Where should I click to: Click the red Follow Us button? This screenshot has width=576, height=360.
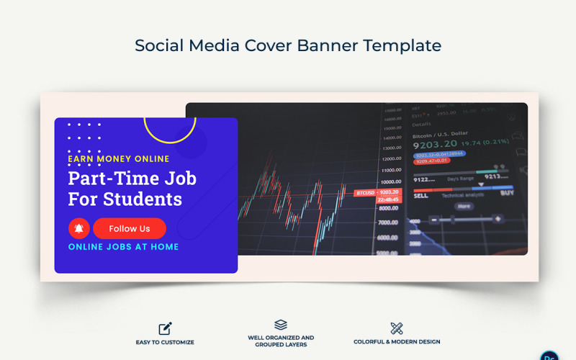pyautogui.click(x=130, y=228)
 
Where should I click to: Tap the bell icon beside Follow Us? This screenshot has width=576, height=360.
pyautogui.click(x=78, y=228)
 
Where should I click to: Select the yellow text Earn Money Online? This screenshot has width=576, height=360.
pyautogui.click(x=119, y=159)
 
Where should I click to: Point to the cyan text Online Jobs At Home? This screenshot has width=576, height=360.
pyautogui.click(x=123, y=247)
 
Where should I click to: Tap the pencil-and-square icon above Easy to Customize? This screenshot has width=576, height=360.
pyautogui.click(x=165, y=328)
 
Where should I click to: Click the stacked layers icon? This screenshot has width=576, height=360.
pyautogui.click(x=281, y=325)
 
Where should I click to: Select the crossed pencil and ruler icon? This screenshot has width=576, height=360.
pyautogui.click(x=396, y=328)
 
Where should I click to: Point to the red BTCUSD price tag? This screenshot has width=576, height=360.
pyautogui.click(x=377, y=193)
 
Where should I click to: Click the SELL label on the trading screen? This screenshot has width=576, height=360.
pyautogui.click(x=420, y=194)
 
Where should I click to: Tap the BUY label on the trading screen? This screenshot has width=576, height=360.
pyautogui.click(x=507, y=193)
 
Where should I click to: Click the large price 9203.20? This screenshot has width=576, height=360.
pyautogui.click(x=434, y=144)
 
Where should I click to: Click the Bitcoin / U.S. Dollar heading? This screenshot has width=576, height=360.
pyautogui.click(x=439, y=133)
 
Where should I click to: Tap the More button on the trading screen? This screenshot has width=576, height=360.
pyautogui.click(x=464, y=206)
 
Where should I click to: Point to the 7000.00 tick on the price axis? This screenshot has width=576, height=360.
pyautogui.click(x=389, y=222)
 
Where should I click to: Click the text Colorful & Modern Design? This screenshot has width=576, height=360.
pyautogui.click(x=397, y=342)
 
